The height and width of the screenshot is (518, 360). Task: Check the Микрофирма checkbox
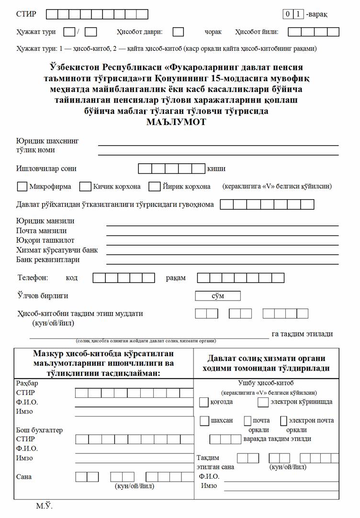coord(22,186)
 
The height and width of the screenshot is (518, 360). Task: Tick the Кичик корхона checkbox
coord(85,186)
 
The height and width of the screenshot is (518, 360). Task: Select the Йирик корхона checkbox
coord(154,186)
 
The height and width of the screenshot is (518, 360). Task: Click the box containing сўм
coord(218,296)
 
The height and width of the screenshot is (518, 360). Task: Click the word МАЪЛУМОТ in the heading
coord(176,122)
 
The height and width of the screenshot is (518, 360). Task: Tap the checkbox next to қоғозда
coord(204,402)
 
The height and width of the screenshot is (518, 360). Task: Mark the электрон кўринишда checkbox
coord(263,402)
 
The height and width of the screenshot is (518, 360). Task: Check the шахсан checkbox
coord(204,421)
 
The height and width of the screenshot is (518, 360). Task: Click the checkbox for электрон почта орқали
coord(284,421)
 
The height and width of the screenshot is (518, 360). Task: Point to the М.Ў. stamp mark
coord(44,506)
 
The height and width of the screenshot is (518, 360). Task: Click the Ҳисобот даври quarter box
coord(178,32)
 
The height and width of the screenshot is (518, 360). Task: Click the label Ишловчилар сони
coord(46,169)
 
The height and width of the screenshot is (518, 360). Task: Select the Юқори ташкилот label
coord(45,240)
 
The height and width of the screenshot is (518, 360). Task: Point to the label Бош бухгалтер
coord(39,430)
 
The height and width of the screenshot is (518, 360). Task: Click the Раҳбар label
coord(27,383)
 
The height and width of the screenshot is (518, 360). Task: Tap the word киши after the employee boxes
coord(216,169)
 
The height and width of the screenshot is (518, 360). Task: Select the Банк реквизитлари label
coord(48,259)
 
